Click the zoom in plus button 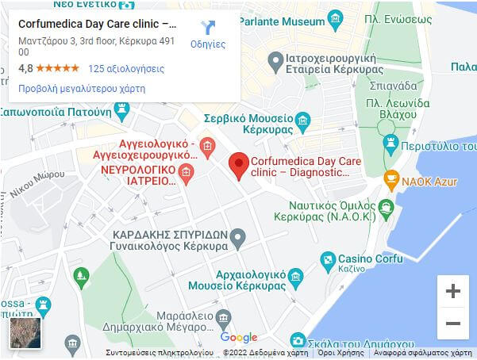(453, 291)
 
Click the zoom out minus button (453, 324)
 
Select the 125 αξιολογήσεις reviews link (126, 68)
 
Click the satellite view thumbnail (25, 333)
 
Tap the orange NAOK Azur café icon (391, 180)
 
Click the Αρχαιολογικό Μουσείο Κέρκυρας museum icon (296, 277)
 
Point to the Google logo (239, 338)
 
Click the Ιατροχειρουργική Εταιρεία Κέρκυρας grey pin (275, 59)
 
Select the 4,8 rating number (25, 68)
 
